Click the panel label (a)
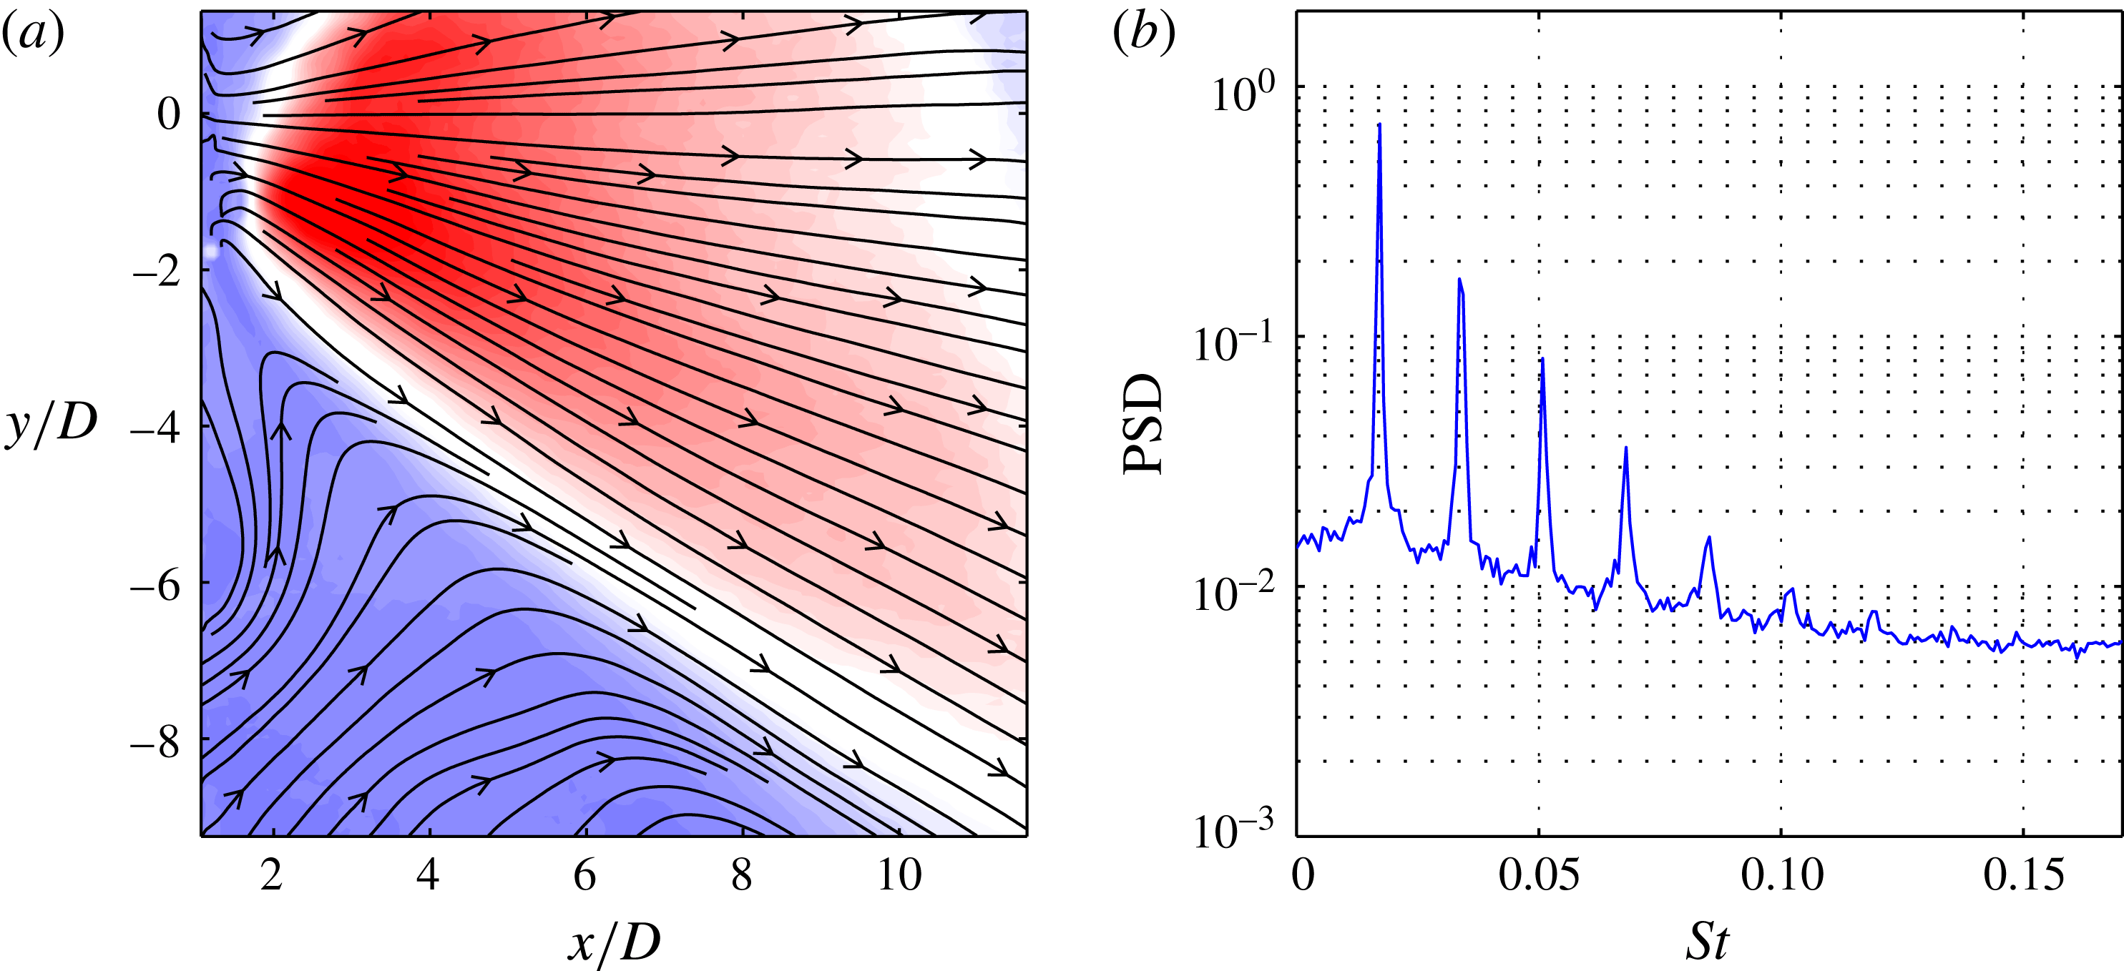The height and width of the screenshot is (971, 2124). [x=33, y=36]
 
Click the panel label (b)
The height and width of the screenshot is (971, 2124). [x=1144, y=36]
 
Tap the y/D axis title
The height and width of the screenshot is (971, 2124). [x=51, y=425]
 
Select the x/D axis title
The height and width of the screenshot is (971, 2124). [x=615, y=941]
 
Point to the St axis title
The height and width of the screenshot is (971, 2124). [x=1706, y=941]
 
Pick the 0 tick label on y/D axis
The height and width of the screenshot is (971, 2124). [x=168, y=114]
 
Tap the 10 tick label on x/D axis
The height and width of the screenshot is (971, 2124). [x=899, y=875]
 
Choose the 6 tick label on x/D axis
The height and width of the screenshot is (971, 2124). [x=584, y=875]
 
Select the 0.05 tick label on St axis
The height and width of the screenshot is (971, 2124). [x=1539, y=875]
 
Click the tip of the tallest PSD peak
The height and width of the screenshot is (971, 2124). [x=1379, y=124]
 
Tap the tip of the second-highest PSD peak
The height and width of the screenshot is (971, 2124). [x=1459, y=280]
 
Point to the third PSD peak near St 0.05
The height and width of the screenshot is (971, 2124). [x=1542, y=358]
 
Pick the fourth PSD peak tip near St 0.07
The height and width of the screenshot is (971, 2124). [x=1625, y=448]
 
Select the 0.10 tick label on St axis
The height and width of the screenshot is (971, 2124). [x=1781, y=875]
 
